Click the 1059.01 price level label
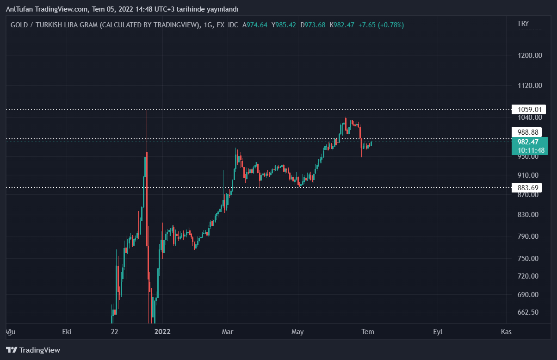(x=529, y=110)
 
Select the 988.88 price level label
(x=529, y=132)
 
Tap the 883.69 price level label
(x=529, y=187)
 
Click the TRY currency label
(x=523, y=24)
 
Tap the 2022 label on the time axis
(x=162, y=332)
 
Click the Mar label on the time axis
(x=227, y=332)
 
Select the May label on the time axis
(x=297, y=332)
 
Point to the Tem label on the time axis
(x=368, y=332)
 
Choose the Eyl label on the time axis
(x=438, y=332)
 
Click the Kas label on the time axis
(x=506, y=332)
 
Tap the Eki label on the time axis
(x=67, y=332)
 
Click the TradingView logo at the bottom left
(x=33, y=350)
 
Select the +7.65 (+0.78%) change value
(x=381, y=25)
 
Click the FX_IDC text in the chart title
(x=227, y=25)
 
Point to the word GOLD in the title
(x=19, y=25)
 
